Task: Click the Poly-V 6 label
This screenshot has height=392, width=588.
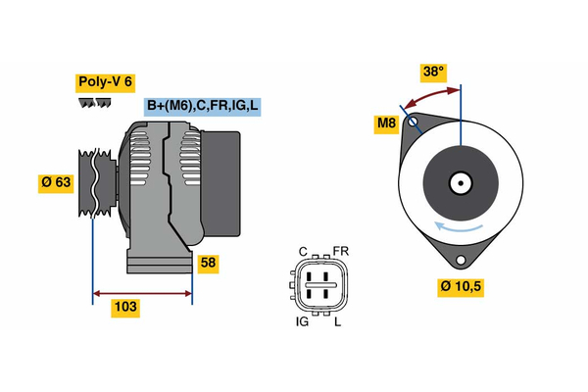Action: pyautogui.click(x=104, y=82)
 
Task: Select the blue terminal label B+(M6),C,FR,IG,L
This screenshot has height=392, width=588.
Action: pyautogui.click(x=203, y=106)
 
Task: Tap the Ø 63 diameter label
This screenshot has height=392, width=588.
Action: pyautogui.click(x=56, y=183)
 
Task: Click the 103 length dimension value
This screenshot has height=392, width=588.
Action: pyautogui.click(x=125, y=308)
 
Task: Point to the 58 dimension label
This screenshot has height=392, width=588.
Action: pyautogui.click(x=208, y=263)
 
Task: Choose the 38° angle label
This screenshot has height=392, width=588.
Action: pyautogui.click(x=433, y=72)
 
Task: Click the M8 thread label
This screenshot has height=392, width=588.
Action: pyautogui.click(x=388, y=123)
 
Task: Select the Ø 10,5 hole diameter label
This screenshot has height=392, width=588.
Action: pyautogui.click(x=461, y=287)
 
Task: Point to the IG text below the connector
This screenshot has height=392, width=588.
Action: pyautogui.click(x=303, y=321)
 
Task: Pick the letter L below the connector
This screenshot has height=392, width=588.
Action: pyautogui.click(x=337, y=321)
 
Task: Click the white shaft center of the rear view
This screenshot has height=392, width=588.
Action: pyautogui.click(x=460, y=182)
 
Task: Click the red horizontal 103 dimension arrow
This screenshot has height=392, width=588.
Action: pyautogui.click(x=141, y=292)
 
